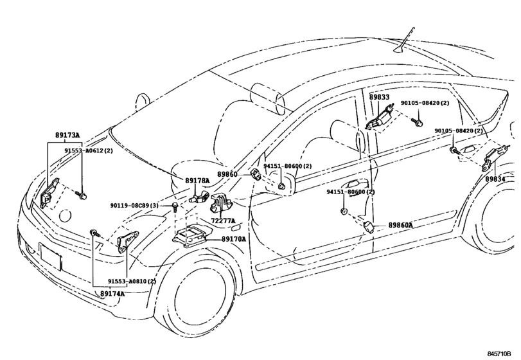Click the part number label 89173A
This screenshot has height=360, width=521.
pos(67,136)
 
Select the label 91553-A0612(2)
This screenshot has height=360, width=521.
pos(89,150)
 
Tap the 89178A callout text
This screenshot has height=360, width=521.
pos(198,181)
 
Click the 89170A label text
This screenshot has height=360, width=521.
pos(234,239)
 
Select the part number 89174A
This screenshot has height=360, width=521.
pos(112,294)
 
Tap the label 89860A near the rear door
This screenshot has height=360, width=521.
pos(401,225)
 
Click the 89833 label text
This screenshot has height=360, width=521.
pos(379,96)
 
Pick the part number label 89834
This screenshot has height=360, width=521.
pos(495,179)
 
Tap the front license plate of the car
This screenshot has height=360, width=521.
pos(51,257)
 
